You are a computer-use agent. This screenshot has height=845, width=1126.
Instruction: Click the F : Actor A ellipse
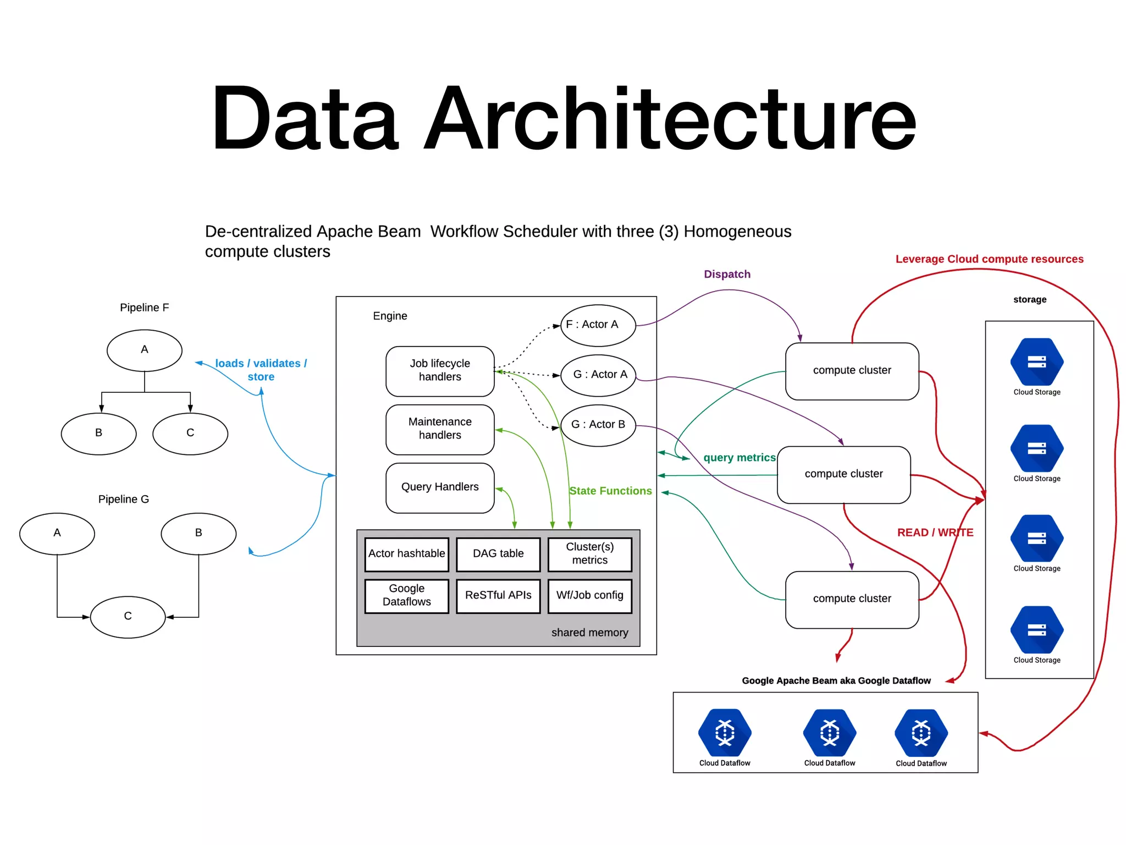pos(598,325)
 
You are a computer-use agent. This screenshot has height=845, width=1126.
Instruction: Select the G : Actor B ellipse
pos(598,425)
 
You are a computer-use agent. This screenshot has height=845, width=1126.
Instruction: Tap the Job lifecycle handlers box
pos(440,371)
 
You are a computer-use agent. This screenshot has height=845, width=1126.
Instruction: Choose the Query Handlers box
pos(440,487)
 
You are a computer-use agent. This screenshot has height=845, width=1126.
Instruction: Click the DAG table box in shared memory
pos(498,554)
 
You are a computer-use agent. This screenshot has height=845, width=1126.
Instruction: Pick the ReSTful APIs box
pos(498,596)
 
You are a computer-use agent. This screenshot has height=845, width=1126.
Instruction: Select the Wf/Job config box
pos(589,596)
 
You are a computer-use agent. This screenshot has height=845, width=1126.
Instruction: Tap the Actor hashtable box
pos(406,554)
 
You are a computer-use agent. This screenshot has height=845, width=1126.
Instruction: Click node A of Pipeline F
pos(144,350)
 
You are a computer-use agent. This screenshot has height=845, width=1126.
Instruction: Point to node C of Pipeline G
pos(128,617)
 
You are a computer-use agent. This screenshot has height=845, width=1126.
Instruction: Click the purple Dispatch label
pos(727,274)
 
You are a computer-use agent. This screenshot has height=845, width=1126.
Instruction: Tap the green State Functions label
pos(610,491)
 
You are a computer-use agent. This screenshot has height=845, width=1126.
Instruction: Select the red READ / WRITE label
pos(935,533)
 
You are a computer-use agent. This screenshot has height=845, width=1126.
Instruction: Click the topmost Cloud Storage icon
pos(1036,362)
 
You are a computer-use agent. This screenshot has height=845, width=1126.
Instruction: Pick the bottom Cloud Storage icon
pos(1036,630)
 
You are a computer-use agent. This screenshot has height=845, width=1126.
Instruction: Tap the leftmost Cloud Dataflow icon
pos(725,733)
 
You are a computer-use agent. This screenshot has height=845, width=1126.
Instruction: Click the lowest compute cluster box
pos(852,599)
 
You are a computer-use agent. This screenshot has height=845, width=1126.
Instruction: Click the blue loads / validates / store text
pos(261,370)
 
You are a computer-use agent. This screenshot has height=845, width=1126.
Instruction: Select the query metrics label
pos(739,458)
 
